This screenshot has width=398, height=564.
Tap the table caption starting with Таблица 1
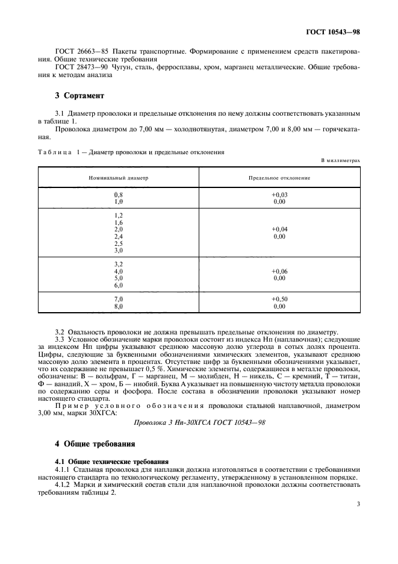coord(131,152)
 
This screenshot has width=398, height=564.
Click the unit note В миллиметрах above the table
coord(341,161)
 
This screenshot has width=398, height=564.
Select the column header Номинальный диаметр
coord(118,178)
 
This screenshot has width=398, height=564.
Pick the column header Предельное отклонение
coord(279,178)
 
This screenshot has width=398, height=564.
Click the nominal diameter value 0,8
coord(118,195)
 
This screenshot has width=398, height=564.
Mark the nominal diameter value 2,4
coord(118,237)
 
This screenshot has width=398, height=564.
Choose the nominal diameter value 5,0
coord(118,278)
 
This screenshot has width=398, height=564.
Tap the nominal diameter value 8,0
coord(118,306)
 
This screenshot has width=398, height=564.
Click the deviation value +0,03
coord(279,195)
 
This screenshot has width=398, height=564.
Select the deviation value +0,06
coord(279,272)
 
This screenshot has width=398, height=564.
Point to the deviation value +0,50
coord(279,299)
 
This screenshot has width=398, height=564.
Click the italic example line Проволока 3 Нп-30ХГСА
coord(199,422)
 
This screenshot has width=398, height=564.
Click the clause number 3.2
coord(60,333)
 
